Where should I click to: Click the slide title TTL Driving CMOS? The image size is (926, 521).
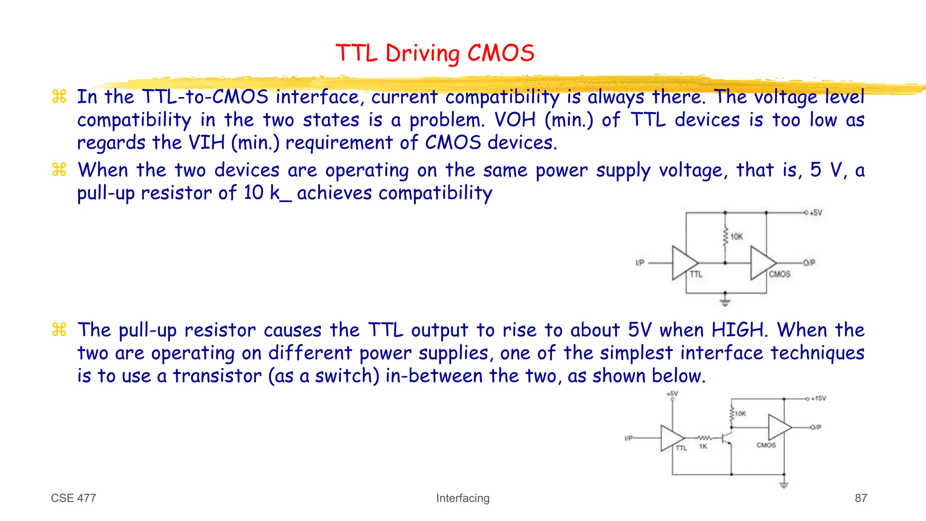435,53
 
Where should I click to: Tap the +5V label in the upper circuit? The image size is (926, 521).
816,213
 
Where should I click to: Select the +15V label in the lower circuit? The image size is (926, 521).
818,398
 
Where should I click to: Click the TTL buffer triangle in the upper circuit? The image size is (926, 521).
683,263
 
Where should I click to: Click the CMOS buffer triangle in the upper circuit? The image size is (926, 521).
761,263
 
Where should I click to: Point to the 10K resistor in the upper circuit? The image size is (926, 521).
725,237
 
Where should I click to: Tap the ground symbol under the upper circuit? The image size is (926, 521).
725,302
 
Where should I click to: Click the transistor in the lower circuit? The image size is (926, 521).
727,438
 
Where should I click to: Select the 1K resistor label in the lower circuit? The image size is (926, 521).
703,446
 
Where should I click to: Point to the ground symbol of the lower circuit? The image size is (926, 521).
784,485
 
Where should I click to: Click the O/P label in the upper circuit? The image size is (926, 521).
809,263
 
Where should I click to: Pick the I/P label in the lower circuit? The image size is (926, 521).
628,438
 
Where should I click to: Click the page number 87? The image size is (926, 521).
860,498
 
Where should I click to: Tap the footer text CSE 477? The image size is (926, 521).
73,498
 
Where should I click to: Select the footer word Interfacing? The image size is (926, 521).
463,498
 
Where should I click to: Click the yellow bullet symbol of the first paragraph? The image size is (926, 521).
59,96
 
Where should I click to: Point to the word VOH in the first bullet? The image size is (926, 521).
515,120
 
